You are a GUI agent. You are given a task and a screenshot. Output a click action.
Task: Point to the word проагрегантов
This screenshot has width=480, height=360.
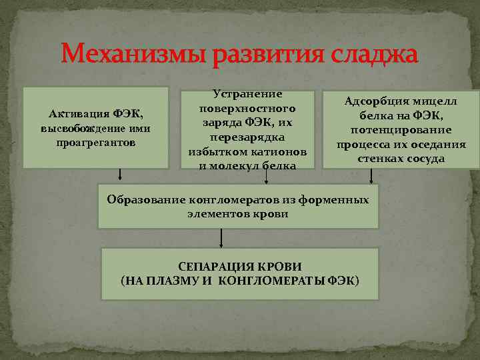(x=96, y=142)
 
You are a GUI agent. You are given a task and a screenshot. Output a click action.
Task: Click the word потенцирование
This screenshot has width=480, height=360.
(x=401, y=130)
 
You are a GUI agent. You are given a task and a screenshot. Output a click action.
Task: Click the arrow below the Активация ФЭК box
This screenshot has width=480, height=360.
(x=120, y=175)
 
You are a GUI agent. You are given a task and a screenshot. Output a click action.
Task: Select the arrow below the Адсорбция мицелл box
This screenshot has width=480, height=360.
(x=371, y=175)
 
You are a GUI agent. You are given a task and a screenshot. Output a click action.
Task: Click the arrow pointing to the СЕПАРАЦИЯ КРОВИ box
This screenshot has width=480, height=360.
(x=220, y=238)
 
